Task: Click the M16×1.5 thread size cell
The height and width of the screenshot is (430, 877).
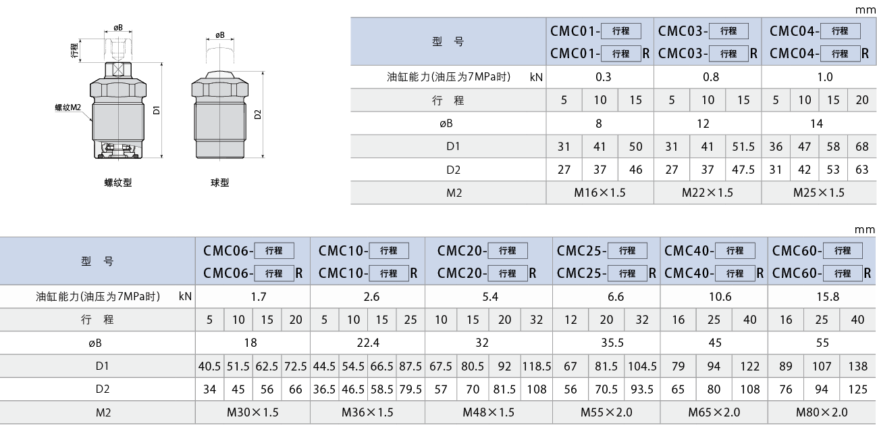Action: (600, 193)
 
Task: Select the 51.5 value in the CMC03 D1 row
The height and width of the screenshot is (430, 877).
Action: (743, 146)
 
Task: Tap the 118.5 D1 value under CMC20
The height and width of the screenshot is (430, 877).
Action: (536, 366)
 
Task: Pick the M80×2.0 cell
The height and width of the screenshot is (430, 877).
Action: (822, 412)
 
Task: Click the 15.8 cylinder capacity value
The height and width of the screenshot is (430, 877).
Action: (828, 296)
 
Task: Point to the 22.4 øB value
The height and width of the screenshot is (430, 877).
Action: (368, 343)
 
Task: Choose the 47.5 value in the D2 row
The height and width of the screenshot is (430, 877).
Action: (743, 169)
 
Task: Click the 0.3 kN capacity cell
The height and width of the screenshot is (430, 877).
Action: (604, 77)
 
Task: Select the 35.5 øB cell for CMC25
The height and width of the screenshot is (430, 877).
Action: (612, 343)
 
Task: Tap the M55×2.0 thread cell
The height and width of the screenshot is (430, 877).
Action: (606, 412)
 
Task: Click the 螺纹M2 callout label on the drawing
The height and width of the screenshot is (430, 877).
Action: (68, 107)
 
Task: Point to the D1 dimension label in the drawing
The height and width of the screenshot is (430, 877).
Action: (157, 110)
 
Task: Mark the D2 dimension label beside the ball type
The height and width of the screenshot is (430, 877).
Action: (258, 114)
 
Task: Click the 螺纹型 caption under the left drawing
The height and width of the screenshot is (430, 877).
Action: (118, 183)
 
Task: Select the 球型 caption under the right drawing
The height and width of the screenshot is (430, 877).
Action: (219, 183)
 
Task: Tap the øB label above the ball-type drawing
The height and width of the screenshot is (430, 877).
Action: (220, 35)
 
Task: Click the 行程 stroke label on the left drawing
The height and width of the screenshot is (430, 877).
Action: (74, 50)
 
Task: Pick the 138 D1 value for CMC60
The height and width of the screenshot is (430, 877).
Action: (858, 366)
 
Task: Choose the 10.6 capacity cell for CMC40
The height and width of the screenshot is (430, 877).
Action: (720, 296)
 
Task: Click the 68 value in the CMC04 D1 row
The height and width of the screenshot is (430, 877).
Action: (862, 146)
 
